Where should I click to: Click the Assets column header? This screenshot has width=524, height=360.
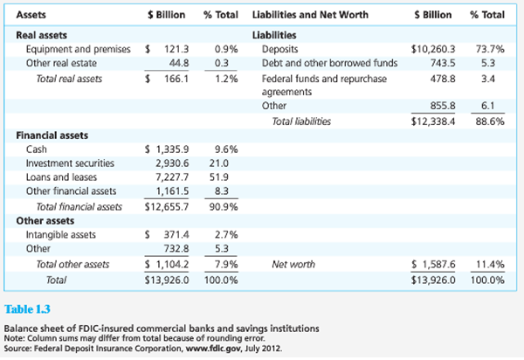coord(31,16)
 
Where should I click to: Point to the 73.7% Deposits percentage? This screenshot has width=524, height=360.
coord(488,51)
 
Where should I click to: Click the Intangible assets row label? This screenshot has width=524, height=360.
coord(64,235)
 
